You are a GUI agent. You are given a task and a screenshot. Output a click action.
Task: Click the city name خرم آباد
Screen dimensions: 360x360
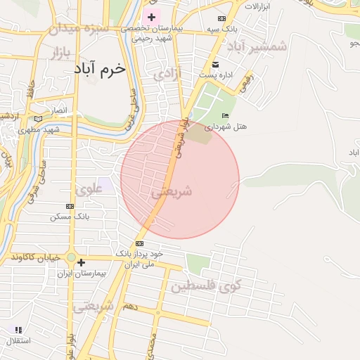coord(98,70)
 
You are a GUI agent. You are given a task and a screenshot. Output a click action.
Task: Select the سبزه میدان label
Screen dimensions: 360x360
coord(76,29)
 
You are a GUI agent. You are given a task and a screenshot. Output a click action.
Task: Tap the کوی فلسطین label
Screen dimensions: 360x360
coord(205,285)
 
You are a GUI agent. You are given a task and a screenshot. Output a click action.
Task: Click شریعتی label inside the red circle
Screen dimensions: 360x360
coord(172,191)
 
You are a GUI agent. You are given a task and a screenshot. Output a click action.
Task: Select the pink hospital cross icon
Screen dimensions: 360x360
coord(151,16)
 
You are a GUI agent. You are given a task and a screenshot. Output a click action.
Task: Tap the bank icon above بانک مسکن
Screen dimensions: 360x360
coord(69,206)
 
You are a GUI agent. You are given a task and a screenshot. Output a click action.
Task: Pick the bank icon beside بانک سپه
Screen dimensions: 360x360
coord(222,18)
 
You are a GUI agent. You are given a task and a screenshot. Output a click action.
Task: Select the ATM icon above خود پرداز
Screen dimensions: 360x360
coord(139,243)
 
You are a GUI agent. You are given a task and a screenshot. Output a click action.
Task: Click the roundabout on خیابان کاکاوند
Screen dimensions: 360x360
coord(71,257)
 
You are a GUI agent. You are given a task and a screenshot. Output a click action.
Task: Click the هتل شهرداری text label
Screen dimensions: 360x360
coord(226,127)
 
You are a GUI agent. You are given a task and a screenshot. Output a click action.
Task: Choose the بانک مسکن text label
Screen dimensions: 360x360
coord(70,217)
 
